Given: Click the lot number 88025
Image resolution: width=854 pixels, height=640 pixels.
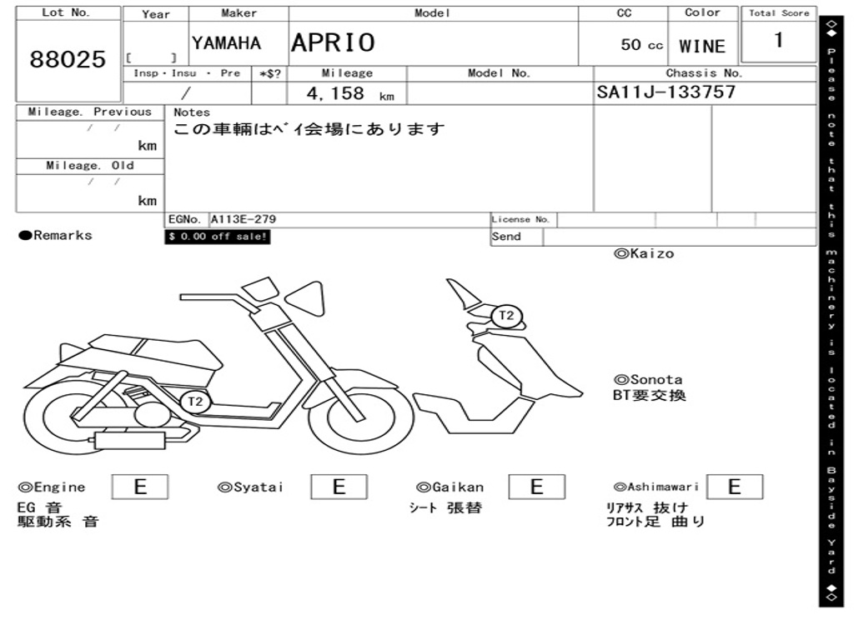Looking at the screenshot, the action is tap(68, 59).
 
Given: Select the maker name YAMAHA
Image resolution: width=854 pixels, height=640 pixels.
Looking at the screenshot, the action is tap(226, 43).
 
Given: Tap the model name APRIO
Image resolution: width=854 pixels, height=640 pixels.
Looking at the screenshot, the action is tap(333, 42).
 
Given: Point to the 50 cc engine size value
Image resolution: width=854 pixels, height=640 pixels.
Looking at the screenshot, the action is tap(641, 45).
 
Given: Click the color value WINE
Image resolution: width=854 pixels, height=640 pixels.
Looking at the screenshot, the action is tap(702, 47).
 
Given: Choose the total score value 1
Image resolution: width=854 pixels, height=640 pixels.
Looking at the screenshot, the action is tap(778, 40).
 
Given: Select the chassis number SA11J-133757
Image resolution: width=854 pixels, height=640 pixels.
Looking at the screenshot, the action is tap(666, 92).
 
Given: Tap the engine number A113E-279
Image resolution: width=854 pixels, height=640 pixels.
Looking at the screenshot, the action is tap(243, 219).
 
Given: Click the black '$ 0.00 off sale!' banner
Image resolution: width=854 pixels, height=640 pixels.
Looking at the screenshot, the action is tap(218, 237).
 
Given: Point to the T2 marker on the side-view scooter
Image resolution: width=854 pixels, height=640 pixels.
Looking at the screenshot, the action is tap(194, 402).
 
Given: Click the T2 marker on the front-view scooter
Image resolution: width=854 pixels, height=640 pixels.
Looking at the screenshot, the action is tap(506, 316).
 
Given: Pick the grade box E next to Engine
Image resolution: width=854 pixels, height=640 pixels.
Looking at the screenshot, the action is tap(139, 487).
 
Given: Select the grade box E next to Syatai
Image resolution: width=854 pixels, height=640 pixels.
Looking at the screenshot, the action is tap(339, 487).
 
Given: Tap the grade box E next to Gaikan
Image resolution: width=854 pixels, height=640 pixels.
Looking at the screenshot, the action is tap(536, 487).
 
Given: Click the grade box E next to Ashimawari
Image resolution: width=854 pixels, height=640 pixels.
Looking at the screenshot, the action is tap(734, 487).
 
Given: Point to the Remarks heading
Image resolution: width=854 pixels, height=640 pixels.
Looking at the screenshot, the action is tap(56, 236).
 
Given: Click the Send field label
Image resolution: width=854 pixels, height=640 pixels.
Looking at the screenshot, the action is tap(506, 237).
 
